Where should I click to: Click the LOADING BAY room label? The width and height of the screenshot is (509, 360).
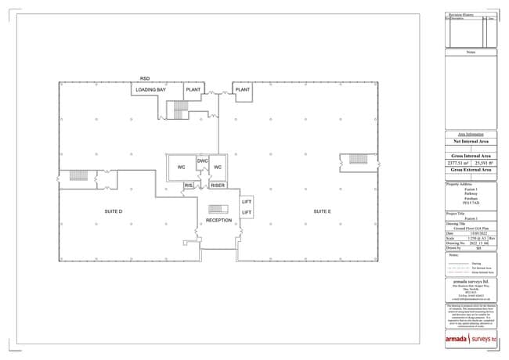tap(150, 90)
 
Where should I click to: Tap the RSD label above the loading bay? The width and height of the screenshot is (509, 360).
tap(145, 79)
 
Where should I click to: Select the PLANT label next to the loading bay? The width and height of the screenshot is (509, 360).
tap(193, 90)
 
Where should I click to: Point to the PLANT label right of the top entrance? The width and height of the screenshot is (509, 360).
tap(243, 90)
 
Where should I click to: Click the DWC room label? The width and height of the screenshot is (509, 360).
tap(201, 160)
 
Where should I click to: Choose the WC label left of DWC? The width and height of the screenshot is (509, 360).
tap(181, 167)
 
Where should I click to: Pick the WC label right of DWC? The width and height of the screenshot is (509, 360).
tap(218, 167)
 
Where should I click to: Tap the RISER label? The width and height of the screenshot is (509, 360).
tap(218, 185)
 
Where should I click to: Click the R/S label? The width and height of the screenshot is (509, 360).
tap(189, 185)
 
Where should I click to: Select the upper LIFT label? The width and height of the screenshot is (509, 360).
tap(247, 202)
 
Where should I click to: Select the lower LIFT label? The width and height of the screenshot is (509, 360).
tap(247, 212)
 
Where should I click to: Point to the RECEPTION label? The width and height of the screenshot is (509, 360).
tap(218, 221)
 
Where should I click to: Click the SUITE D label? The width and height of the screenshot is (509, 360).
tap(114, 212)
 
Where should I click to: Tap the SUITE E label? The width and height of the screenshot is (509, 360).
tap(322, 212)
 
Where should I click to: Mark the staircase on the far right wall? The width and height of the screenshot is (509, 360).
tap(358, 159)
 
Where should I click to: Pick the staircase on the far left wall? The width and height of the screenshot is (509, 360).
tap(78, 175)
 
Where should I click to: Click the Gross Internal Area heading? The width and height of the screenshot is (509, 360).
tap(471, 157)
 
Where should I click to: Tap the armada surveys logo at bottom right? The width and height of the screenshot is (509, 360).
tap(471, 339)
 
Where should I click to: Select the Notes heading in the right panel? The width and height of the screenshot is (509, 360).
tap(471, 52)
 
